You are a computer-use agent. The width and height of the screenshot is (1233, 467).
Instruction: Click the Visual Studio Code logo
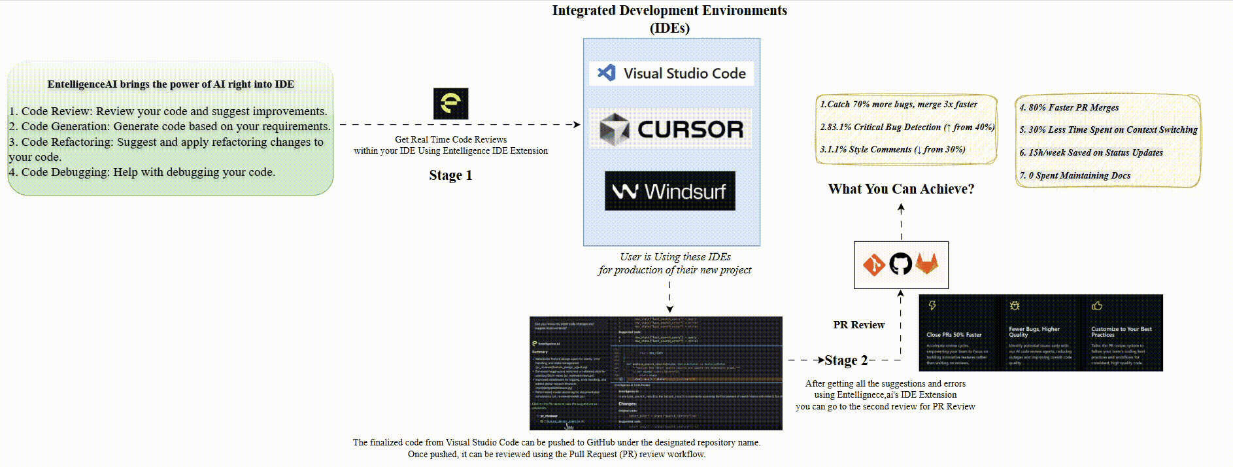(x=671, y=73)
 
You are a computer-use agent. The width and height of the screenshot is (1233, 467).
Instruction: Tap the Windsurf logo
(x=669, y=191)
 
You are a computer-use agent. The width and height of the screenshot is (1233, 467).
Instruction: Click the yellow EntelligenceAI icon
(x=450, y=103)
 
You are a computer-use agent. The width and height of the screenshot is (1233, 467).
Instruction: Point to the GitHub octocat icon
(x=900, y=264)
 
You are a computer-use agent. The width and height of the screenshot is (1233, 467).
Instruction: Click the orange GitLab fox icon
(x=926, y=264)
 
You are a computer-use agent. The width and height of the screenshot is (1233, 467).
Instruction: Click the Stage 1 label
(x=450, y=175)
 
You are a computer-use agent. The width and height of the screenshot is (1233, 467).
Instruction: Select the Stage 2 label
(x=846, y=360)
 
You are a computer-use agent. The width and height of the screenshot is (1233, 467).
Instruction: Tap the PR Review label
(x=858, y=325)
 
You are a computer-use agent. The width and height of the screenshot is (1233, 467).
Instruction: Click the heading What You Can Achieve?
(x=901, y=189)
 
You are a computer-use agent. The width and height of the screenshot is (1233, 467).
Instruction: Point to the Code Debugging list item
(x=142, y=172)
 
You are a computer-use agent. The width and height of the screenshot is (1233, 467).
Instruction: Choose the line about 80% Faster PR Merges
(x=1069, y=107)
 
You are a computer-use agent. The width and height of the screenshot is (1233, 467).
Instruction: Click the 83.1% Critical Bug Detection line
(x=907, y=127)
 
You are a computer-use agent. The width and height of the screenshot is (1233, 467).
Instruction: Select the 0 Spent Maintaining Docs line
(x=1075, y=175)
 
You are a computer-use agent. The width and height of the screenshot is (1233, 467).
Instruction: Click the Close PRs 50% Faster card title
(x=954, y=335)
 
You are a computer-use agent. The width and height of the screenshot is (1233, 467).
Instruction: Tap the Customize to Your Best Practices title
(x=1121, y=332)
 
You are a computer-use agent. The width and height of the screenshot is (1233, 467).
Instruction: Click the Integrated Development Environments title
(x=669, y=18)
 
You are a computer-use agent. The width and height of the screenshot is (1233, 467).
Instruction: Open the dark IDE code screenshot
(x=656, y=373)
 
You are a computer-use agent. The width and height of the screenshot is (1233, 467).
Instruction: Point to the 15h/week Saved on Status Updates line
(x=1091, y=152)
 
